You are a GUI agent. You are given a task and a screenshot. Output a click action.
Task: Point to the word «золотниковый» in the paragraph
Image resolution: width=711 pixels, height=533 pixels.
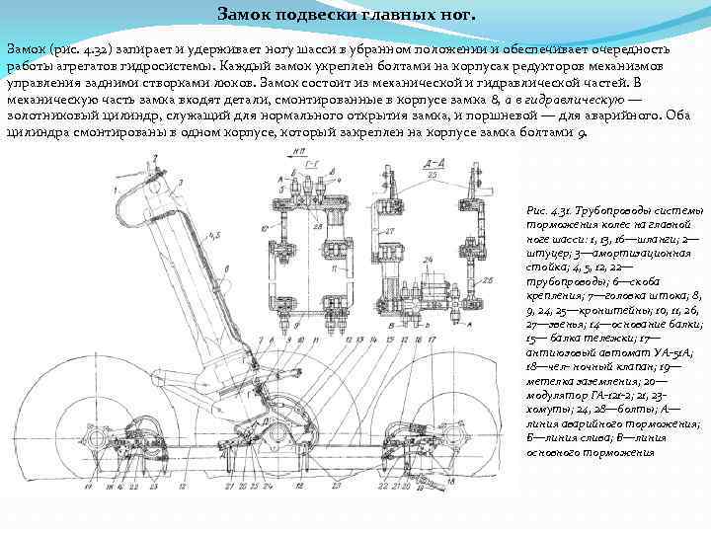coord(50,117)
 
